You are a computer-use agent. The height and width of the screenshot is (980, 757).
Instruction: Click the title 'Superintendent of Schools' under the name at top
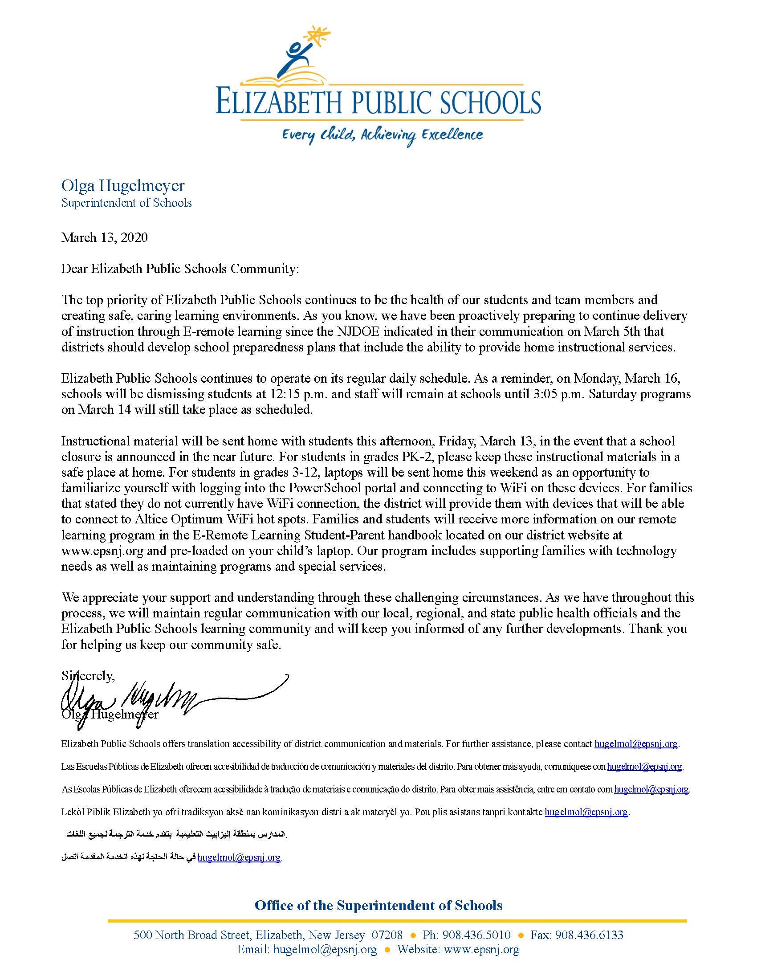(126, 203)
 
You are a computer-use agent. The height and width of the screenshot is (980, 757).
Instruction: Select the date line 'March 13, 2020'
(105, 237)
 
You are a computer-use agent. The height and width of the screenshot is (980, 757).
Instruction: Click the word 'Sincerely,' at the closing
(88, 676)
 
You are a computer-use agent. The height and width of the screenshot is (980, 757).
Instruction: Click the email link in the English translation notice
(636, 744)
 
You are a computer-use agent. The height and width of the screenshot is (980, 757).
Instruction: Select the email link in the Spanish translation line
(644, 767)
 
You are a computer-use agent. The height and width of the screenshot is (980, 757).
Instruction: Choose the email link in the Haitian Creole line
(586, 812)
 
